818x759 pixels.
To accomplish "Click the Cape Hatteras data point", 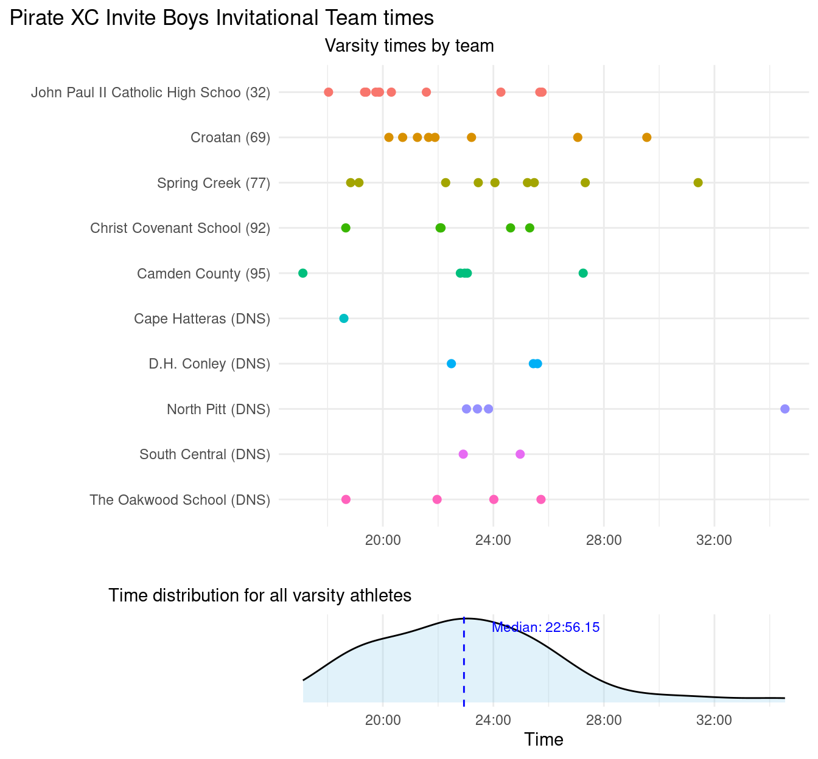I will (x=344, y=319).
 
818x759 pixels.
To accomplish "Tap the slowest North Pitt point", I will (x=785, y=409).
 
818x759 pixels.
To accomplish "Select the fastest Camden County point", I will (x=303, y=273).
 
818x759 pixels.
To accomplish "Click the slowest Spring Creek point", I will (x=698, y=182).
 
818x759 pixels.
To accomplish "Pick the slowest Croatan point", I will (x=646, y=137).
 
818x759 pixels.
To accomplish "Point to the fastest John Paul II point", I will (x=329, y=92).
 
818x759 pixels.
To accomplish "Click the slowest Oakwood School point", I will (x=541, y=499).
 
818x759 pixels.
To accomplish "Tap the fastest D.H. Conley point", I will (x=451, y=364).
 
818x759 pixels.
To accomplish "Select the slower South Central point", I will (x=520, y=454).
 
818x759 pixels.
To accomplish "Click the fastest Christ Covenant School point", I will (x=346, y=228).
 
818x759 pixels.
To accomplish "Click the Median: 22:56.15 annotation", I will (x=545, y=628).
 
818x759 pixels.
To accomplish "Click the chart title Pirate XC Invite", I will (x=222, y=18).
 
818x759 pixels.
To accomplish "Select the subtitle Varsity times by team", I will (x=409, y=46).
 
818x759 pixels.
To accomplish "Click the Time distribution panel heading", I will (x=260, y=595).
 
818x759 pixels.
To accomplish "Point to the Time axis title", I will (x=544, y=740).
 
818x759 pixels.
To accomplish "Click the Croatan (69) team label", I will (x=230, y=137).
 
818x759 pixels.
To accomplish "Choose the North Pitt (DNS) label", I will (x=218, y=409).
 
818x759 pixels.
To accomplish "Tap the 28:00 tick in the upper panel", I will (x=603, y=539).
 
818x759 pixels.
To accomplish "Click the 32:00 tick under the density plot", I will (x=713, y=720).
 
